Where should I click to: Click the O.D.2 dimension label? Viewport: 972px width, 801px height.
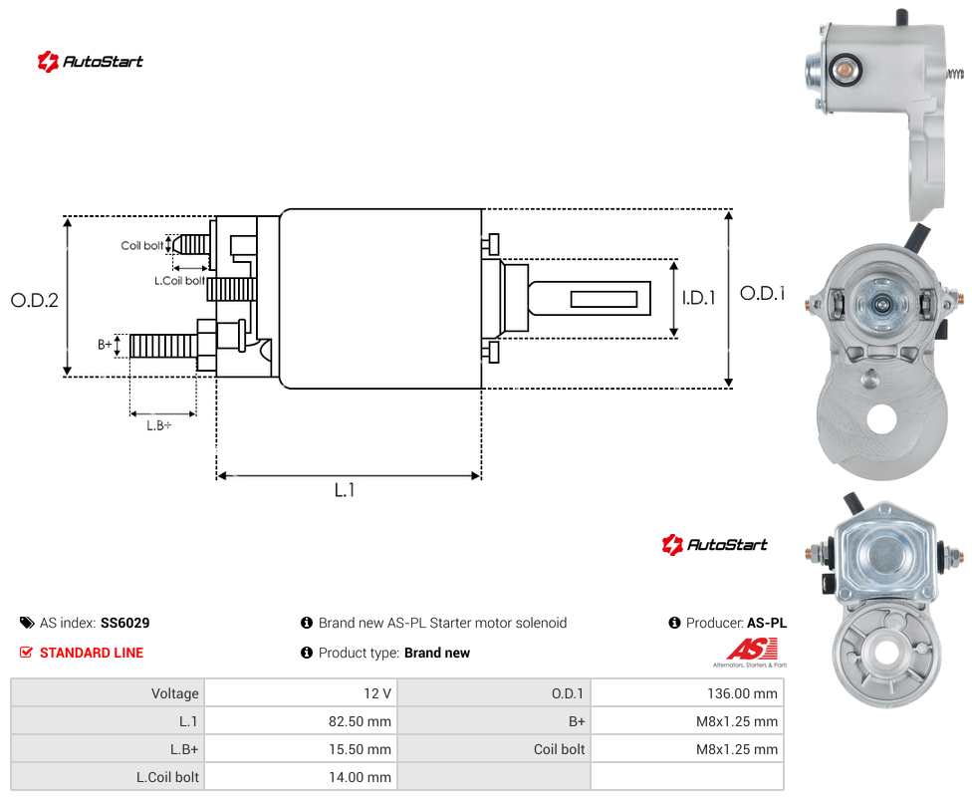click(x=35, y=300)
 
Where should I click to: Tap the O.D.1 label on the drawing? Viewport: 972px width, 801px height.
click(x=763, y=293)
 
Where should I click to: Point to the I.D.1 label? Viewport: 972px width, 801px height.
click(x=699, y=298)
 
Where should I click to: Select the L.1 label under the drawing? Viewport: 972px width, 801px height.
click(x=345, y=490)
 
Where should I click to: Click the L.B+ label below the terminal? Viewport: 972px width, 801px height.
click(x=159, y=425)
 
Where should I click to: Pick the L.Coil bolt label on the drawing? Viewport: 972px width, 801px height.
click(x=180, y=281)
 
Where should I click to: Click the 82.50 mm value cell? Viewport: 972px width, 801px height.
click(x=360, y=721)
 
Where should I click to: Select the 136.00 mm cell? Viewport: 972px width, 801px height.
click(x=742, y=693)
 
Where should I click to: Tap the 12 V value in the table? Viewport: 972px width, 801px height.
click(x=377, y=693)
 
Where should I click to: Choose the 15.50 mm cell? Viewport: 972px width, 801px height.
click(x=360, y=749)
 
